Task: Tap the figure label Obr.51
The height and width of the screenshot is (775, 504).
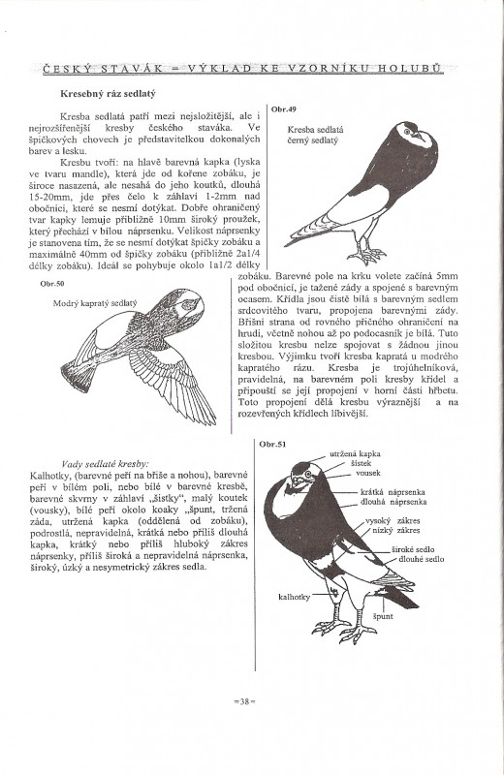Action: pos(272,444)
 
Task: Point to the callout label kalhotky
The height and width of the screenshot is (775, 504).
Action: pos(295,597)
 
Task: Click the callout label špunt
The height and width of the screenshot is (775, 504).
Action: pos(383,616)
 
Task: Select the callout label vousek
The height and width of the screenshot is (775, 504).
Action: pos(368,473)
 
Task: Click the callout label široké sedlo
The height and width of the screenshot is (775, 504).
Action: pos(413,549)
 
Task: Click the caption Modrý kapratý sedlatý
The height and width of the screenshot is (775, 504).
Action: pos(95,303)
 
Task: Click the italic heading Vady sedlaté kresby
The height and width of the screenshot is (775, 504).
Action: pos(104,464)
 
